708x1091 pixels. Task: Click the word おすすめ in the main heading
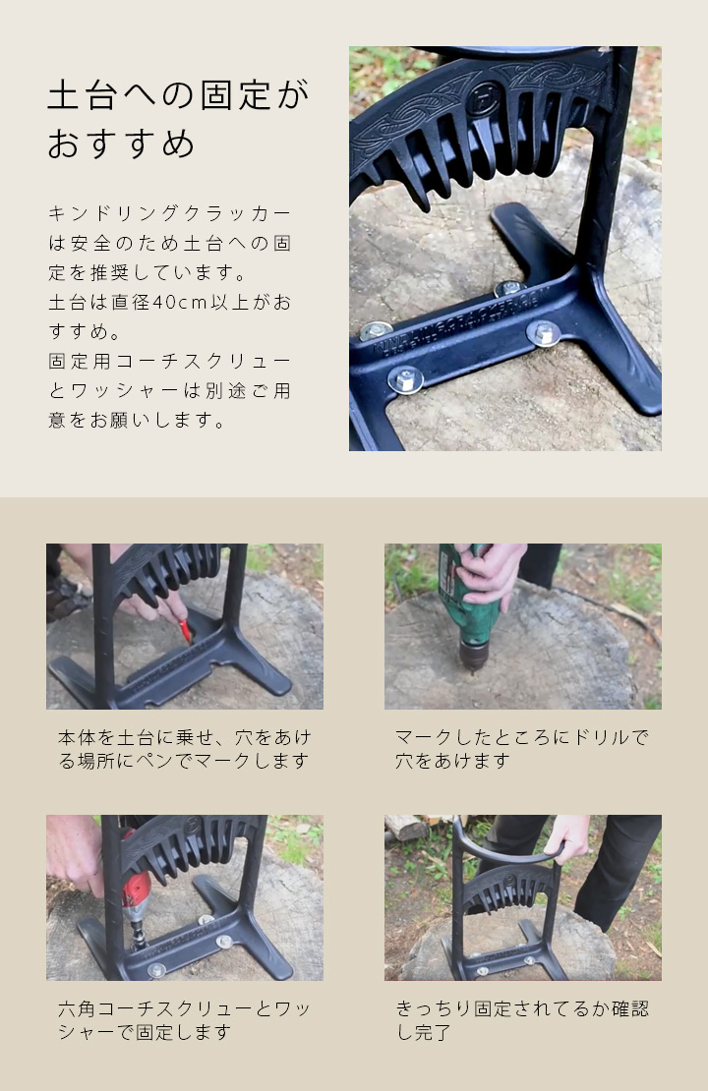(122, 144)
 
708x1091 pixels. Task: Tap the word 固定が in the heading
(254, 96)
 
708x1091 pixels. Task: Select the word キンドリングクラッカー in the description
(169, 213)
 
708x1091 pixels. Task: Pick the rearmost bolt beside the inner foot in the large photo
(507, 288)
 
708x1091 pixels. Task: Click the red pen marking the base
(184, 630)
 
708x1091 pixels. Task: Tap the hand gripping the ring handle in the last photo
(568, 838)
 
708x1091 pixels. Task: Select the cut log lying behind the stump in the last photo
(407, 827)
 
